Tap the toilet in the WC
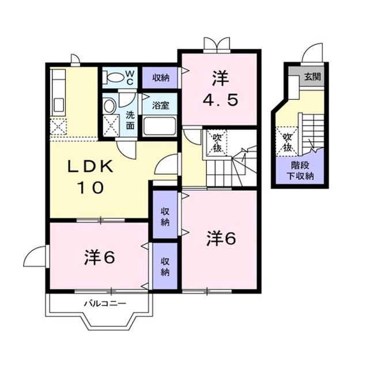coord(115,77)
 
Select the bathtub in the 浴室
coord(160,126)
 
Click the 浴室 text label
coord(160,105)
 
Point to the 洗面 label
coord(130,121)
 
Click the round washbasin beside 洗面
coord(109,106)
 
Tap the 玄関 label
coord(312,77)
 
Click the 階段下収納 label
coord(300,171)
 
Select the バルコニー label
coord(105,303)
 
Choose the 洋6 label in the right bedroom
coord(221,238)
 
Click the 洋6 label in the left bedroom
coord(100,257)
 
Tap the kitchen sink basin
coord(58,105)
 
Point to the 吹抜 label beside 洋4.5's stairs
coord(217,142)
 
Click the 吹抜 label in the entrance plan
coord(288,142)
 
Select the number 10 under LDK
coord(91,187)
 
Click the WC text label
coord(130,78)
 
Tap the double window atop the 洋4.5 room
coord(217,45)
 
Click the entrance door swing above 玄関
coord(312,54)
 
